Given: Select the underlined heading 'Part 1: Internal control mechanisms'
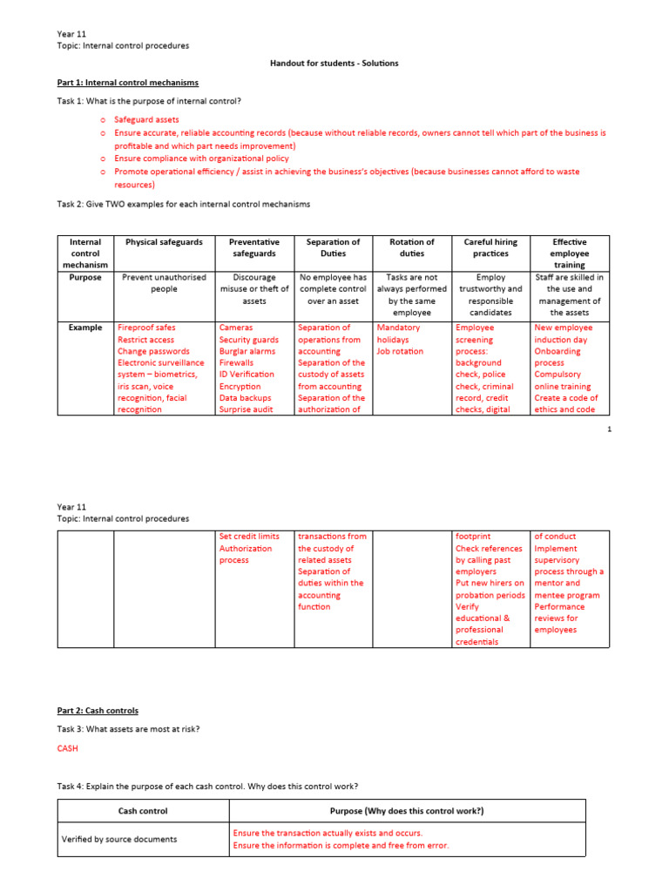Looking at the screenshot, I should [127, 83].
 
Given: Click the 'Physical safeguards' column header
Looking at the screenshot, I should [164, 242].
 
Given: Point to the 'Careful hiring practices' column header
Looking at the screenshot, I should [490, 247].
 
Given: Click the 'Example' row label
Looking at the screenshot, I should [85, 328].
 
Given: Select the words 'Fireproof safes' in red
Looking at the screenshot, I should [146, 328].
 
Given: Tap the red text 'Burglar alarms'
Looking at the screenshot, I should [247, 351].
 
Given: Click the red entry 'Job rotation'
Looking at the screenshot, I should [400, 351].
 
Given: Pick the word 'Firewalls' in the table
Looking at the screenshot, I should [236, 362].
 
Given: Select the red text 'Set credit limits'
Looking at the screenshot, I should [249, 537].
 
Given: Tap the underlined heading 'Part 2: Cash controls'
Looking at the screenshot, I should [98, 711].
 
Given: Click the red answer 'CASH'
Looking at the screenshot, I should [68, 747].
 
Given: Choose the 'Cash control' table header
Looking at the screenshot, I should [143, 811].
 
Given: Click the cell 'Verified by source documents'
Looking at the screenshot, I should [119, 840].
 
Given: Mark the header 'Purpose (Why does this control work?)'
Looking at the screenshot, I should [407, 811].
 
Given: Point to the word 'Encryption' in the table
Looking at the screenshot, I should [240, 386].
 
